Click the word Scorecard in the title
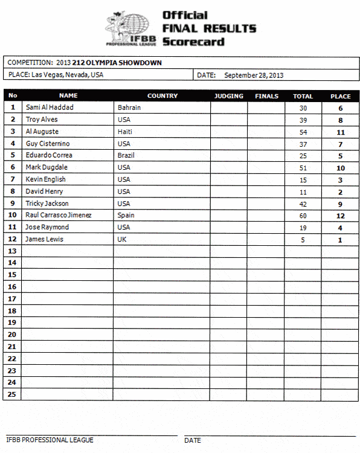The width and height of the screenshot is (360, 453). coord(193,42)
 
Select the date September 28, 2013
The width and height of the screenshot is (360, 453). coord(254,75)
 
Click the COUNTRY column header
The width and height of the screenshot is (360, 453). coord(162,96)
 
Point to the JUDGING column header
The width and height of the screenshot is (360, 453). coord(229,96)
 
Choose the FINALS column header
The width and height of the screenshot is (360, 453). coord(266,96)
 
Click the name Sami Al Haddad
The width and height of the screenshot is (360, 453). coord(50,108)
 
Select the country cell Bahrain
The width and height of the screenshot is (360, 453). coord(129,108)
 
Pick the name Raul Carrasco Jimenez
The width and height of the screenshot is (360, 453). coord(59,215)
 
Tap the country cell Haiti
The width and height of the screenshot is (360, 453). coord(125,132)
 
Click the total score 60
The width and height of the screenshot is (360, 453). coord(303,216)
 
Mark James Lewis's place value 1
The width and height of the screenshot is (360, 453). coord(340,240)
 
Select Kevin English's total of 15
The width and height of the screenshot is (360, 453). coord(303,180)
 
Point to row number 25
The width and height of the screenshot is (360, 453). coord(13,394)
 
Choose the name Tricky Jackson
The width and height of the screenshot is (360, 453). coord(47,204)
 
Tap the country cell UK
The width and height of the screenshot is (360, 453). coord(122,239)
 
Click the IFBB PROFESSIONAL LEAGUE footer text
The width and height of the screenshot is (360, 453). coord(50,440)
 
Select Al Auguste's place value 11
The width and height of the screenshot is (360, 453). coord(340,132)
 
